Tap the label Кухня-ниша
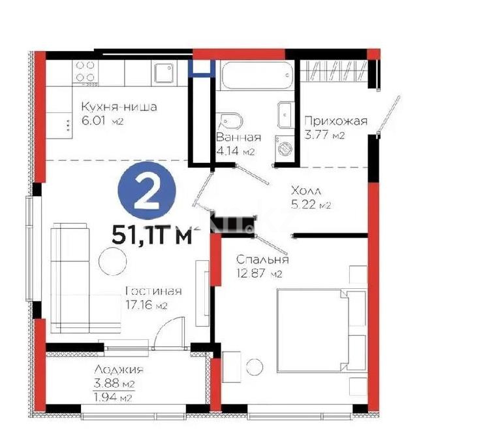click(118, 107)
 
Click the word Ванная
click(238, 137)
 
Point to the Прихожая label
click(336, 121)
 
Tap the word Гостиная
click(153, 291)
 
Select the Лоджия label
click(118, 370)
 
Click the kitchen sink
click(164, 72)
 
